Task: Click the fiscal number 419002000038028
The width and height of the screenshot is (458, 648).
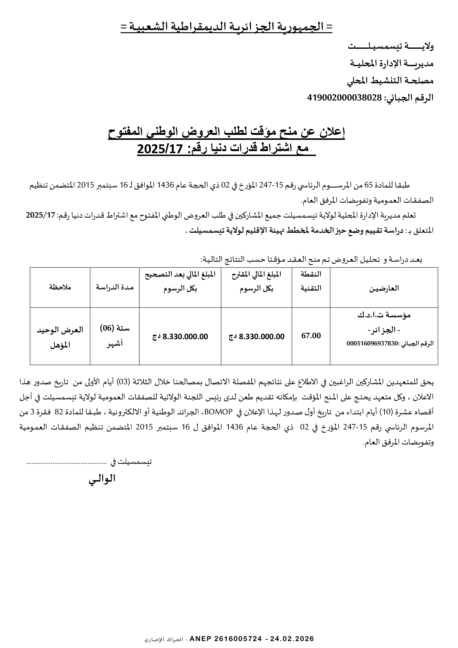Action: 344,98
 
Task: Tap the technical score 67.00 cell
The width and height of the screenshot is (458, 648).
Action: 311,336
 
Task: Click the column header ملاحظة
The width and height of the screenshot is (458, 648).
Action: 60,287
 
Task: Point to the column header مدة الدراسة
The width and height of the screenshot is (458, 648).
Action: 115,287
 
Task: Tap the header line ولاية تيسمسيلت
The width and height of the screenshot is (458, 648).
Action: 391,46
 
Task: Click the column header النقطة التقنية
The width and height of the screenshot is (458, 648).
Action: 311,281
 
